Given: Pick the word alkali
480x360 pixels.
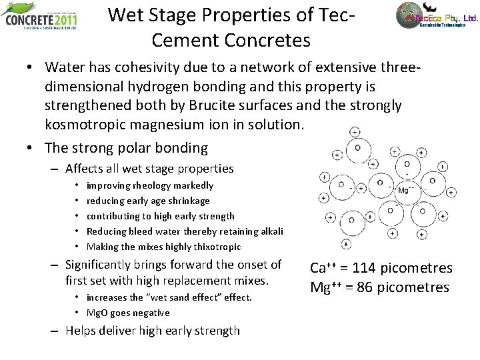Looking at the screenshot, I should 271,231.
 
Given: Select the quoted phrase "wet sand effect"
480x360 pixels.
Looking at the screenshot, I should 169,297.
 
